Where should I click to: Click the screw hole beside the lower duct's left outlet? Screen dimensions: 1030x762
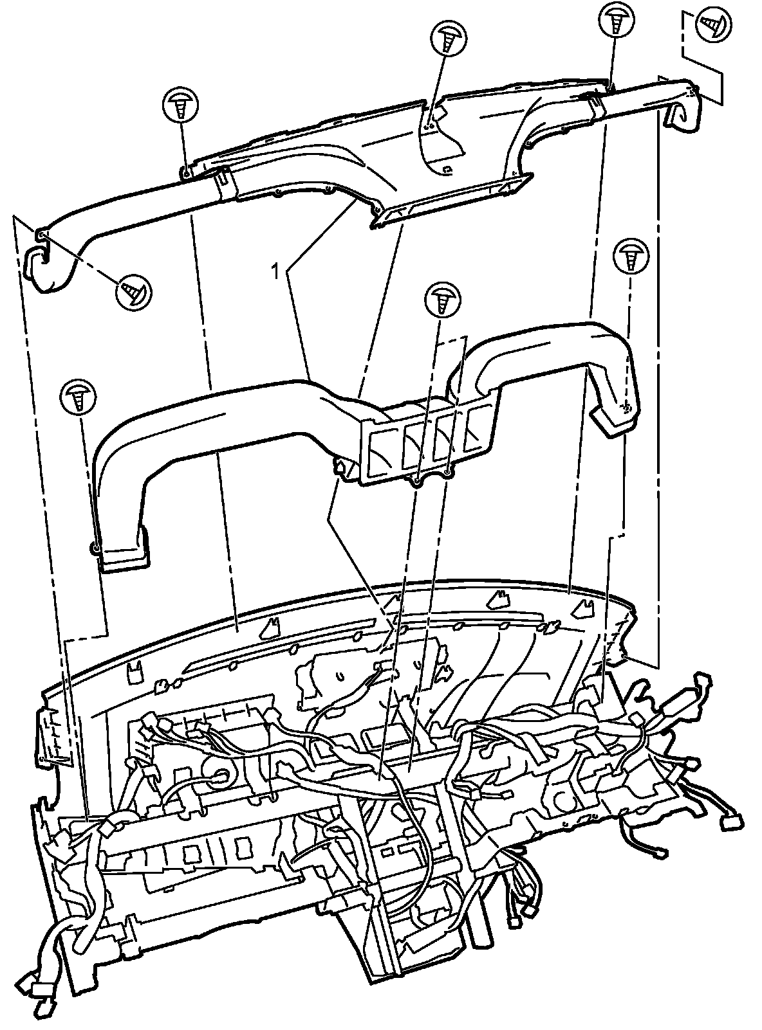coord(95,548)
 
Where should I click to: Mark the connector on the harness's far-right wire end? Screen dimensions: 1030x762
coord(732,822)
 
